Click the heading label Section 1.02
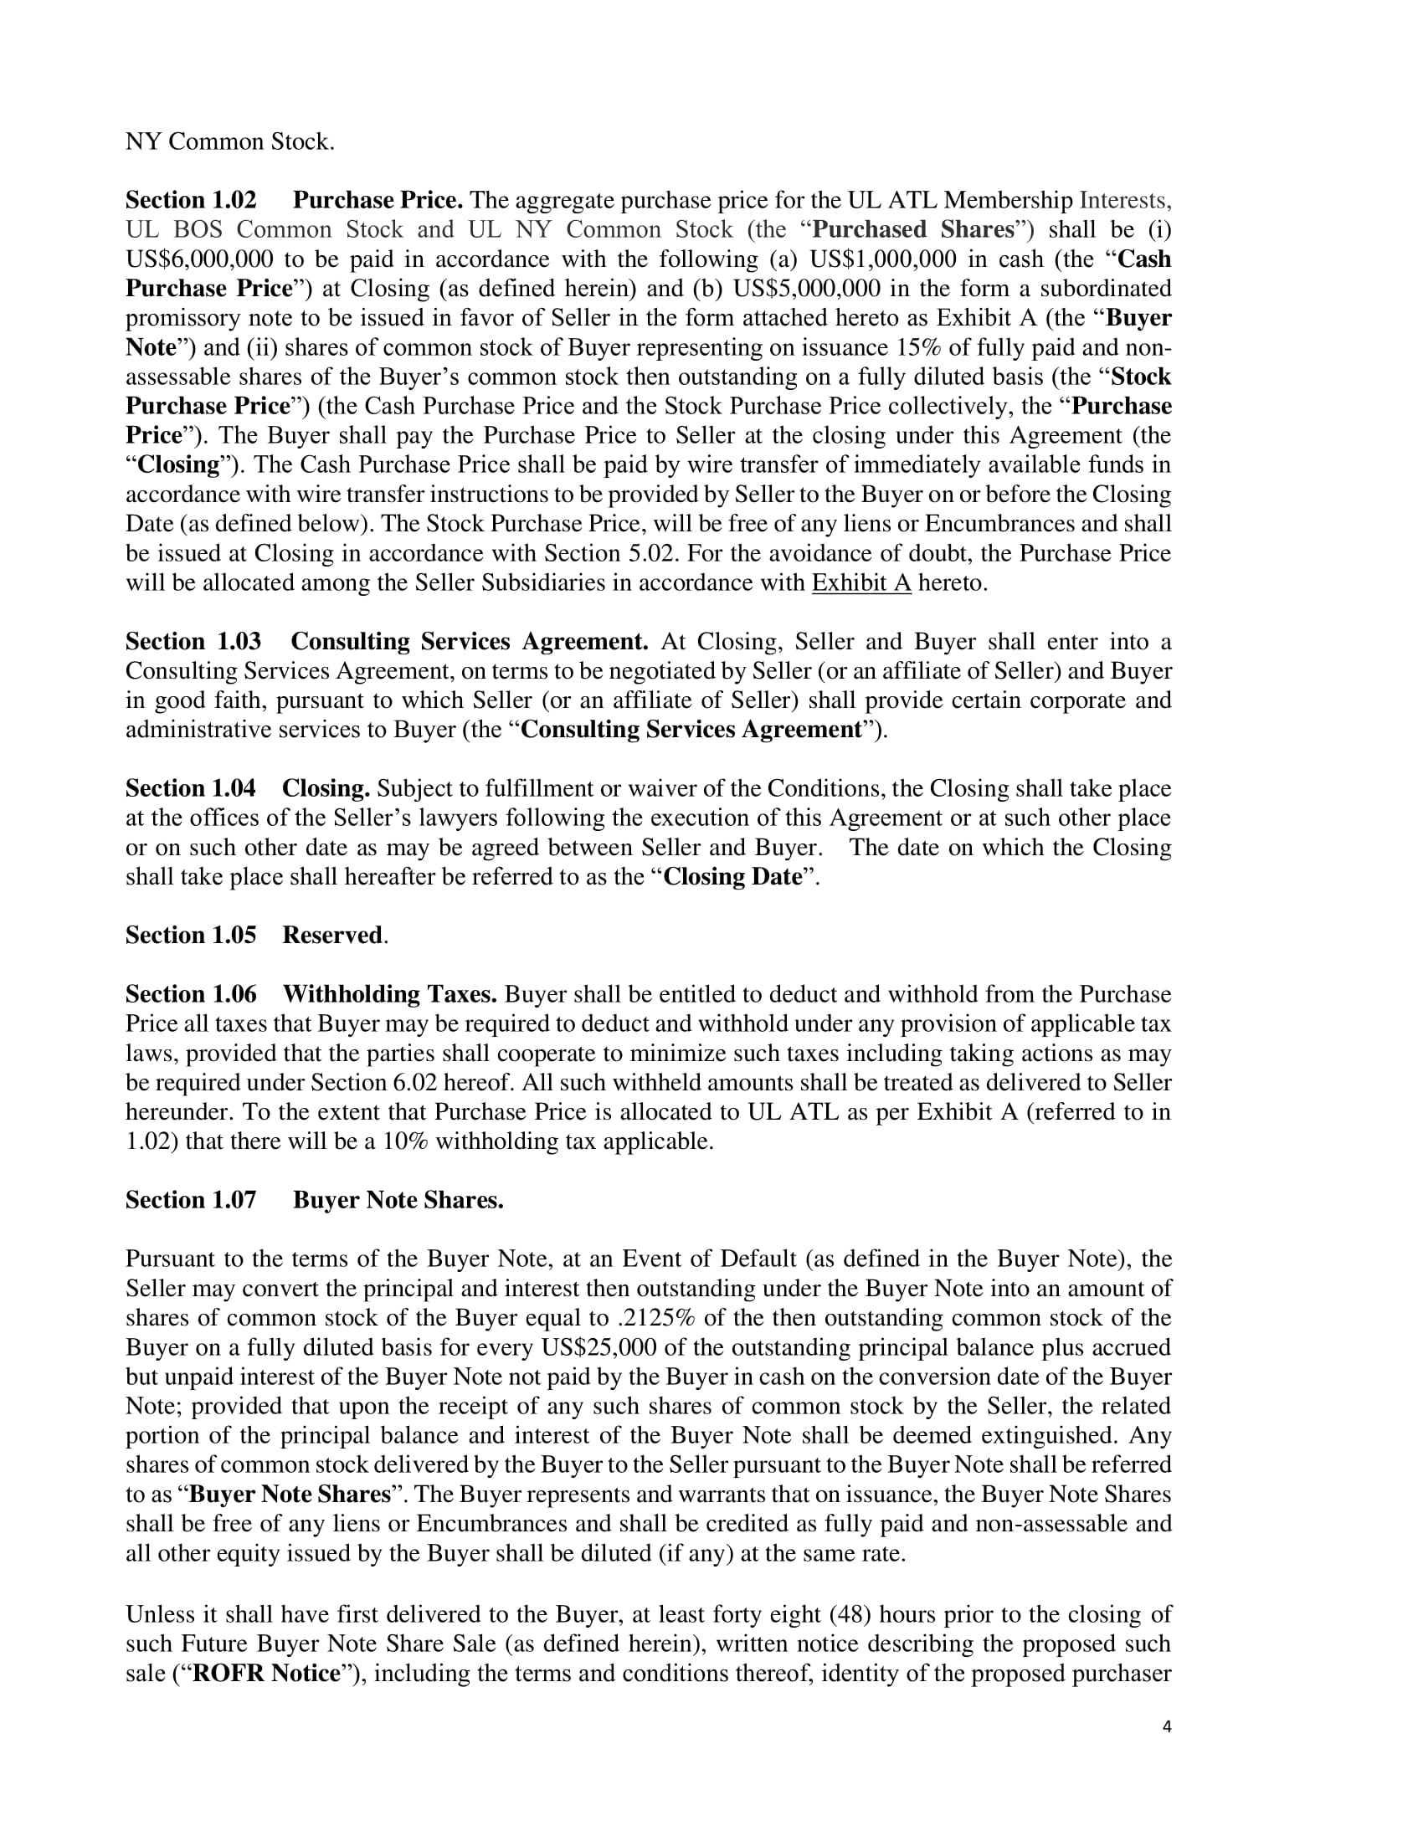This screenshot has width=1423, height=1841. click(191, 201)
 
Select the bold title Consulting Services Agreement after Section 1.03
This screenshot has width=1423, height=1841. click(470, 642)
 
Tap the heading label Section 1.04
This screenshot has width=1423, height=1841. click(191, 789)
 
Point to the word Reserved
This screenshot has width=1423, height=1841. click(332, 936)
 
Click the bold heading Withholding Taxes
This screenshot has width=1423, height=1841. click(389, 995)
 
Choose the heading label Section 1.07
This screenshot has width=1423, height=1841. click(191, 1200)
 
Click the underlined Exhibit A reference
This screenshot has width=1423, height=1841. click(860, 583)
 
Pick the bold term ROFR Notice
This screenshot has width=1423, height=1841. click(265, 1674)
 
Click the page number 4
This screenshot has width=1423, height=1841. click(1167, 1726)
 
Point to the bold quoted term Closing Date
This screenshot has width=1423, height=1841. click(732, 878)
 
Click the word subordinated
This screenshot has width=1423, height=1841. click(1105, 290)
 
